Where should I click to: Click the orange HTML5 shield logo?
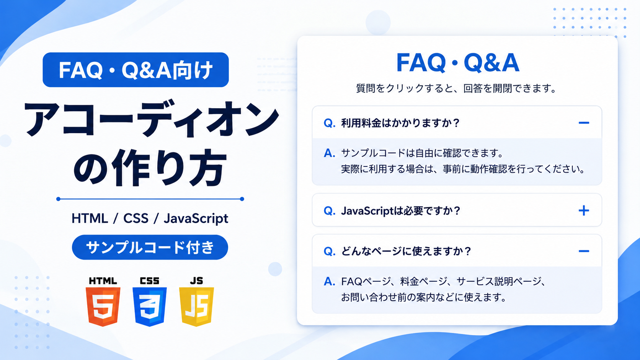103,306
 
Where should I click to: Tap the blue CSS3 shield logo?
150,306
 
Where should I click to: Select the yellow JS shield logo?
197,306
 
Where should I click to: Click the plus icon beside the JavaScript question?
584,211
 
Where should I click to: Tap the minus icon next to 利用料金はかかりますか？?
584,123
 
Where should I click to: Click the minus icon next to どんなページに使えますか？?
584,251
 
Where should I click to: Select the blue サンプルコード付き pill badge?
150,247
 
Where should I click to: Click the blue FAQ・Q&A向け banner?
136,70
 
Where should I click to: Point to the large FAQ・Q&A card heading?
458,62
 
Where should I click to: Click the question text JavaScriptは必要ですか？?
400,211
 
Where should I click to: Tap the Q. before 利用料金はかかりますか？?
330,123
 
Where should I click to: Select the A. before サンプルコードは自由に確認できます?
330,153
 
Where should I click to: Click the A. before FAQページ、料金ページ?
330,282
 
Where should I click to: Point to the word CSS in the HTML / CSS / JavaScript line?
136,218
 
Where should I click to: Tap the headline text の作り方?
150,168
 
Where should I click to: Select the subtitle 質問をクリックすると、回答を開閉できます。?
456,88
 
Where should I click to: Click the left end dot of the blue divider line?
58,199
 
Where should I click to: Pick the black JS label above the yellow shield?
197,281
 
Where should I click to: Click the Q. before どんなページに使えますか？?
330,252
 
